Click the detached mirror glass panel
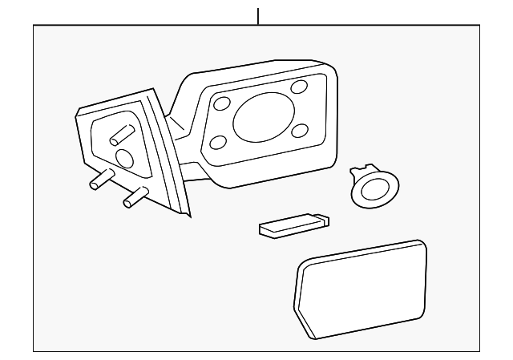click(361, 286)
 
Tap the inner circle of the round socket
click(373, 190)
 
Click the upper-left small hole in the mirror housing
click(223, 103)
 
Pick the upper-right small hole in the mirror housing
click(300, 87)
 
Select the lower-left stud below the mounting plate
click(100, 181)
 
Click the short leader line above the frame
click(258, 15)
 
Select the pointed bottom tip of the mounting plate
click(188, 215)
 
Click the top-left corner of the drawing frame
click(34, 26)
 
